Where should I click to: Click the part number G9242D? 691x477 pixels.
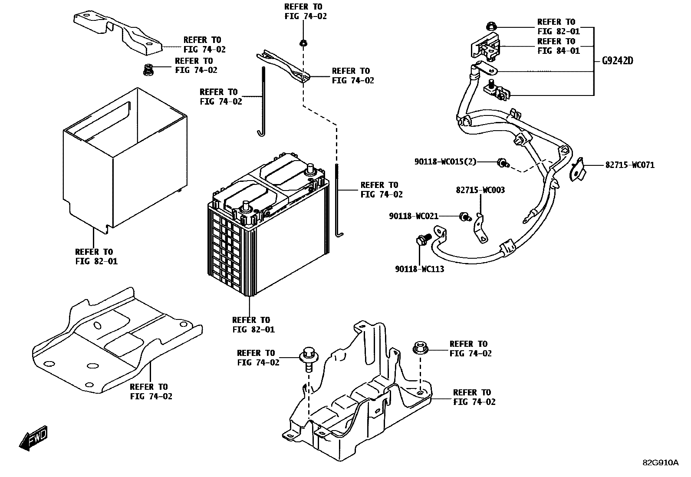(x=617, y=61)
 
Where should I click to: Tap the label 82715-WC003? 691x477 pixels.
(x=480, y=190)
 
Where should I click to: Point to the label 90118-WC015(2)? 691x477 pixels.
(x=445, y=162)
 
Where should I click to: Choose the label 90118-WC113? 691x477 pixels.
(x=419, y=269)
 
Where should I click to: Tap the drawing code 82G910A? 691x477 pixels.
(x=660, y=463)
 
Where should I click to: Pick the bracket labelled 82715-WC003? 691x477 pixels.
(x=480, y=228)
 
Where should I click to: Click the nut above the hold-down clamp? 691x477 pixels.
(x=303, y=43)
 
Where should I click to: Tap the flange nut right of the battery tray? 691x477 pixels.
(x=420, y=348)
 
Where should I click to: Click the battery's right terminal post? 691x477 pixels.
(x=310, y=169)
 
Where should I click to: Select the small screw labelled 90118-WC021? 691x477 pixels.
(x=465, y=216)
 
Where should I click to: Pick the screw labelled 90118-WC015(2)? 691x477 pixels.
(x=503, y=163)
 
